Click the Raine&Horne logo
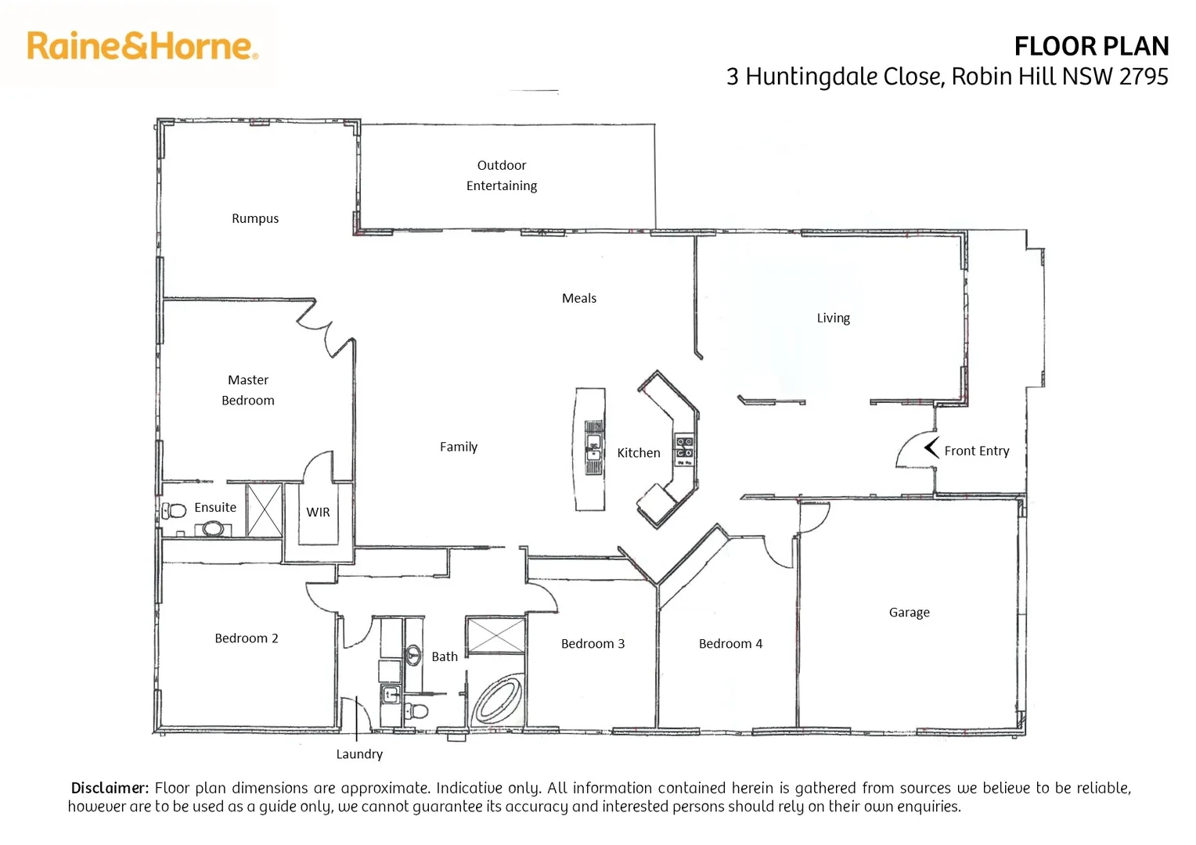pyautogui.click(x=142, y=46)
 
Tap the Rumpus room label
pyautogui.click(x=255, y=218)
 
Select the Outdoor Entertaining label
pyautogui.click(x=502, y=175)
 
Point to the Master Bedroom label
pyautogui.click(x=248, y=390)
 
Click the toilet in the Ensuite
pyautogui.click(x=175, y=511)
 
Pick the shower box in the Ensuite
pyautogui.click(x=265, y=510)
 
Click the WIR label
pyautogui.click(x=318, y=512)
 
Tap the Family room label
pyautogui.click(x=459, y=447)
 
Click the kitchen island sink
pyautogui.click(x=594, y=449)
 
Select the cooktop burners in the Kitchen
pyautogui.click(x=684, y=448)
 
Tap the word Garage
pyautogui.click(x=909, y=613)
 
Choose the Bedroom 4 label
pyautogui.click(x=730, y=644)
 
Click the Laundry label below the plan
pyautogui.click(x=359, y=754)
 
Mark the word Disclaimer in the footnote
pyautogui.click(x=110, y=788)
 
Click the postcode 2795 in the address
pyautogui.click(x=1144, y=77)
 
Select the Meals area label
pyautogui.click(x=579, y=298)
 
